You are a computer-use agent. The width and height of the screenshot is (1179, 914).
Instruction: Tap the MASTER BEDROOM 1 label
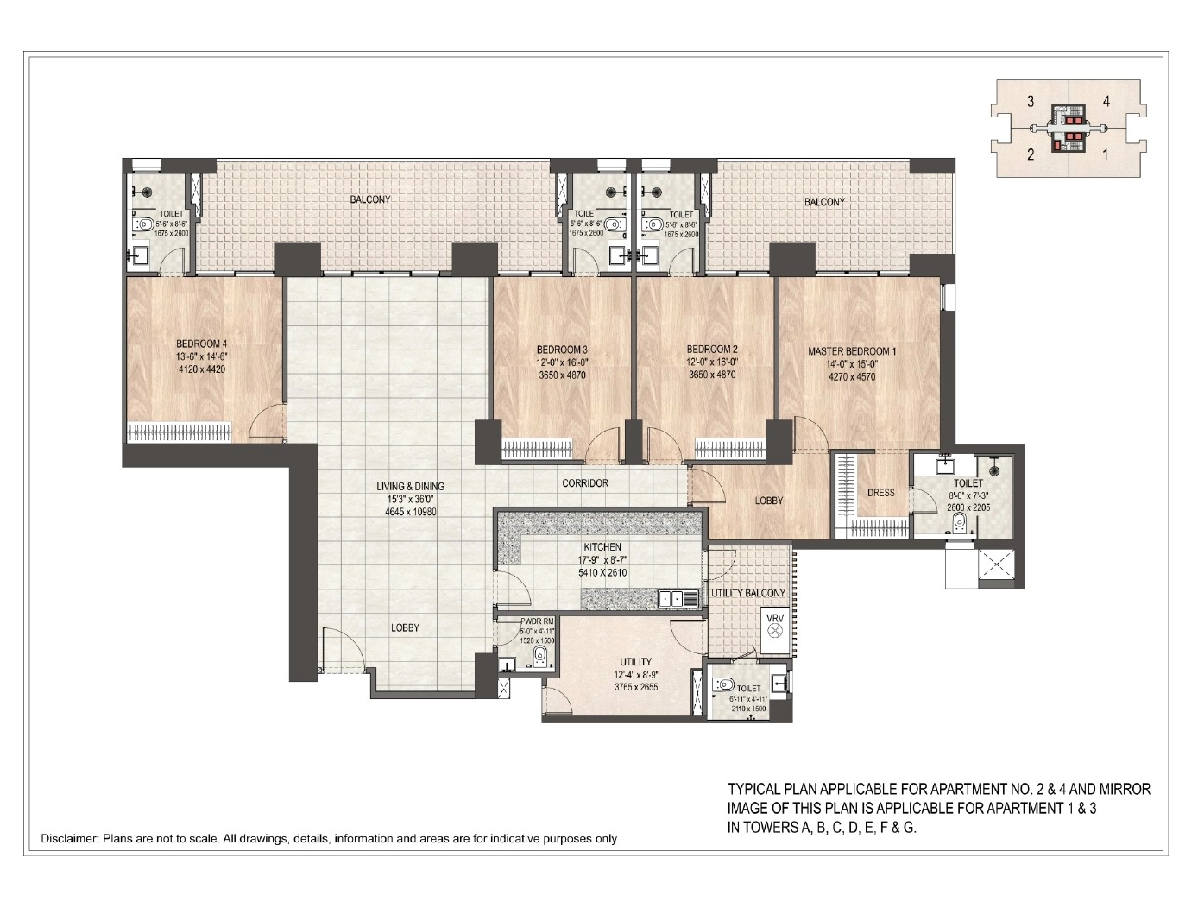point(852,351)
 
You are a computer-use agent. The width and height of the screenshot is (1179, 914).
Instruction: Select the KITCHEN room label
point(602,547)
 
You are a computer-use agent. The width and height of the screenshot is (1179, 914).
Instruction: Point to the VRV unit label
point(773,617)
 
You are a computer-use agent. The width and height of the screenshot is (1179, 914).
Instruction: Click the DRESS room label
point(880,493)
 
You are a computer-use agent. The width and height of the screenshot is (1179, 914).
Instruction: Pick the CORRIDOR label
point(585,483)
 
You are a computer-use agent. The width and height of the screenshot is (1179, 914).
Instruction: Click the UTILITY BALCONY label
point(747,594)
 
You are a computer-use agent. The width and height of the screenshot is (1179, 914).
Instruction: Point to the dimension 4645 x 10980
point(412,512)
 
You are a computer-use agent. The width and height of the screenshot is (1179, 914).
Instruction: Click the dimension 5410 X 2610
point(602,572)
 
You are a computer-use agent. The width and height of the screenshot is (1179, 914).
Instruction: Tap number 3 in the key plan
point(1031,102)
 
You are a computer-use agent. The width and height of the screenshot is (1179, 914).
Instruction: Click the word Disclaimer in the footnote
point(70,838)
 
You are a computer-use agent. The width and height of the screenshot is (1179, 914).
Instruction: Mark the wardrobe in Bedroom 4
point(180,431)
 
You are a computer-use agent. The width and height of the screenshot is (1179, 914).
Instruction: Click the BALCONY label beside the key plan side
point(824,201)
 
